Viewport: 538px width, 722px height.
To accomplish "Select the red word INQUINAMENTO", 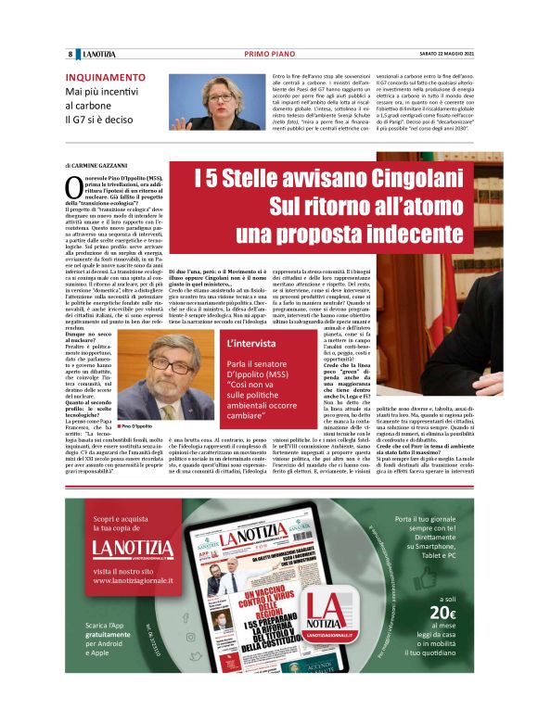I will click(x=104, y=78).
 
